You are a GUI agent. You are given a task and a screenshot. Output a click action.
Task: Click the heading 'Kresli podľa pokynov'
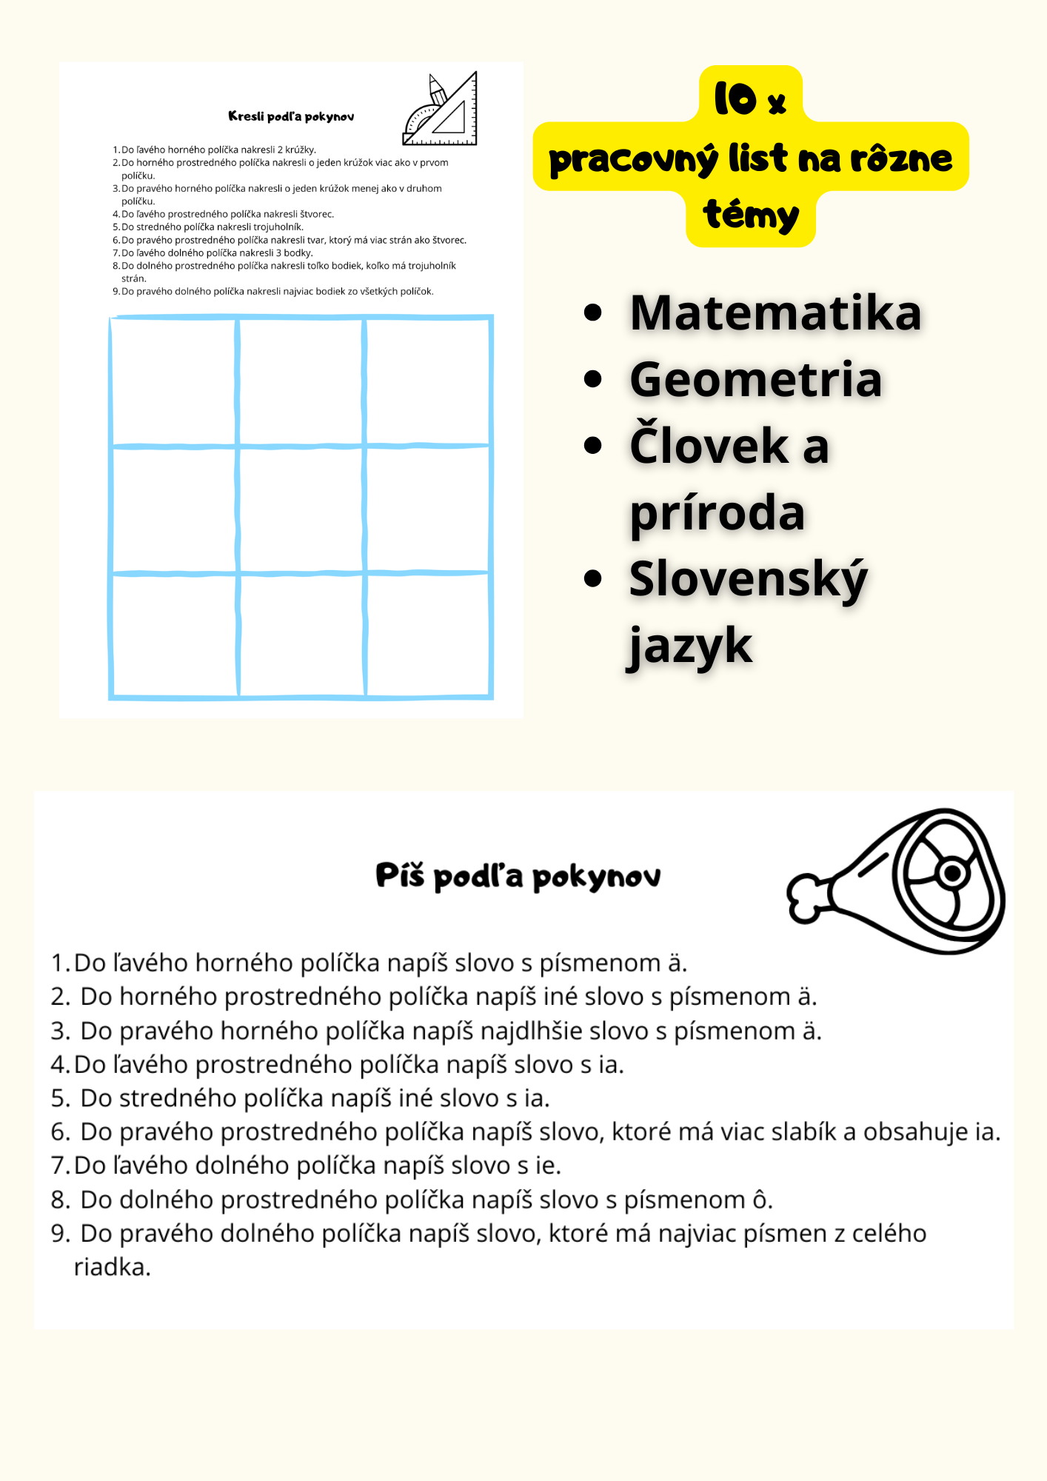click(x=291, y=116)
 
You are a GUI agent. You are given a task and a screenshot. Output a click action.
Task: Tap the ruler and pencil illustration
click(x=441, y=110)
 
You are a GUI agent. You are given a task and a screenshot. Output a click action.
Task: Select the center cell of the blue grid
click(x=301, y=509)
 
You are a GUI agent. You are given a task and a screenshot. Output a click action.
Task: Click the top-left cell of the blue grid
click(x=174, y=381)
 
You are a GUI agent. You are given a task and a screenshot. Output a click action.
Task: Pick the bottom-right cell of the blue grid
click(x=428, y=635)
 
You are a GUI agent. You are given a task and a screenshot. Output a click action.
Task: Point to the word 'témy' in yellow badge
click(x=751, y=215)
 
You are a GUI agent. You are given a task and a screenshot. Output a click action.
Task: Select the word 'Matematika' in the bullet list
click(x=775, y=312)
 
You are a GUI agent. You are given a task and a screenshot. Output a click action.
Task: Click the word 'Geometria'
click(x=755, y=379)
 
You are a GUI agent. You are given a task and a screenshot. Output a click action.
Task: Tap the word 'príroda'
click(x=717, y=512)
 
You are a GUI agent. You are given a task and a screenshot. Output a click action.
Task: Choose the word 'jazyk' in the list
click(x=690, y=646)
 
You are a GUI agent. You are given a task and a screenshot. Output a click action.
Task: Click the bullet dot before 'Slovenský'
click(x=592, y=578)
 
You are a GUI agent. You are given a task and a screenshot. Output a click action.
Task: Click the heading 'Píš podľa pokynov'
click(x=518, y=876)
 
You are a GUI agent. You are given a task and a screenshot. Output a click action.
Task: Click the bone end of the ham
click(x=806, y=897)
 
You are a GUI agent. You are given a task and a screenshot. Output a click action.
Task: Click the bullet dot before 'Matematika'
click(x=592, y=312)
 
